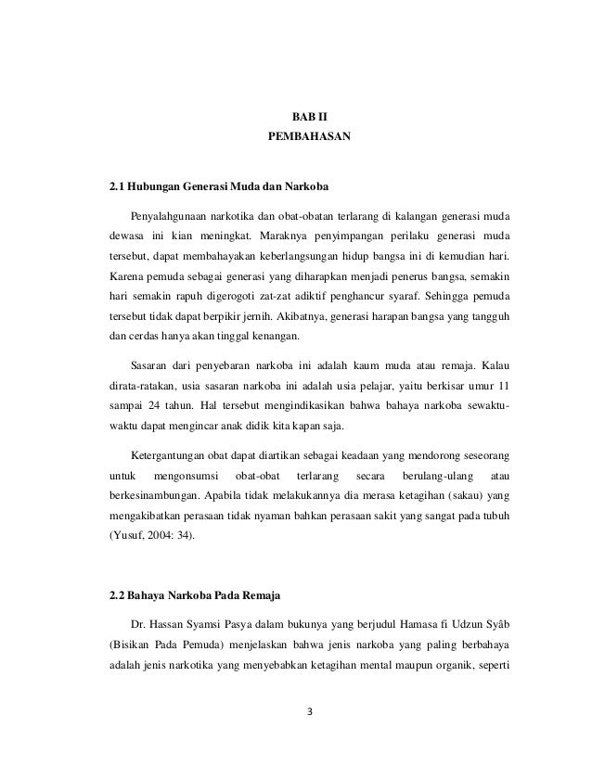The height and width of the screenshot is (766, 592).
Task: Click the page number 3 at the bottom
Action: click(310, 711)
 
